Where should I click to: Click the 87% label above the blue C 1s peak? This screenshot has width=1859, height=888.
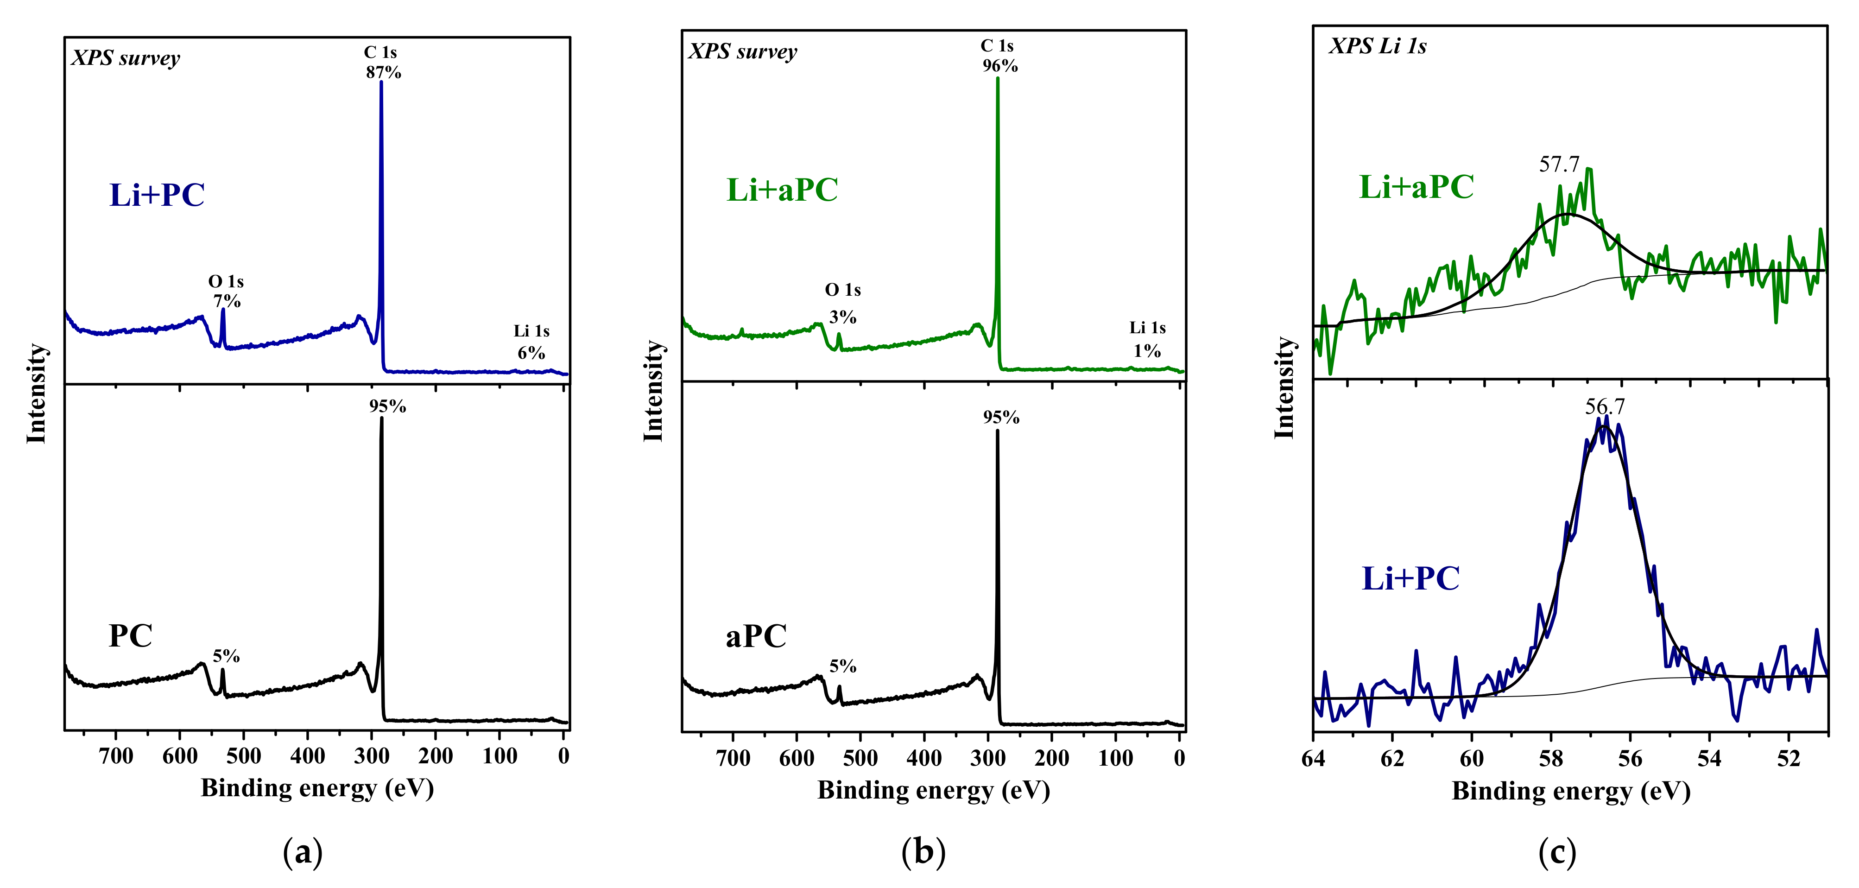click(383, 72)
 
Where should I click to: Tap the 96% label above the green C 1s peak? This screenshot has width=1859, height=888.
click(999, 66)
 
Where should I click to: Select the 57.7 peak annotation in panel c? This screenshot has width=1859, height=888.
click(1559, 165)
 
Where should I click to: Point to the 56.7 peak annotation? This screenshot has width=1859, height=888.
click(1604, 406)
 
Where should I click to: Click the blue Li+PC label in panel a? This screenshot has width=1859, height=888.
click(158, 195)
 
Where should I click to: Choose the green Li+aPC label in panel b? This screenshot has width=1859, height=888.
click(782, 190)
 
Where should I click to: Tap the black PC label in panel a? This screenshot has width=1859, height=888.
click(131, 636)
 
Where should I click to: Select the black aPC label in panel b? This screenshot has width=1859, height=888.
click(756, 636)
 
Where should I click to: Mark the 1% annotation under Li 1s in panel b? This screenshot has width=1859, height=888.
click(1147, 351)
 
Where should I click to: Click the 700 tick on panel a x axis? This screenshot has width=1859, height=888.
click(116, 756)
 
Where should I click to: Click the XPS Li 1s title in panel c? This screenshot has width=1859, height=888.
click(1377, 46)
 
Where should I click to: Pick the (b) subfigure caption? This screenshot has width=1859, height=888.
click(923, 853)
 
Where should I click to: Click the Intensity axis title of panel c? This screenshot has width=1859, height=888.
click(1284, 387)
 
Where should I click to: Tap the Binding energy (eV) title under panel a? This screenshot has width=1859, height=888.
click(317, 787)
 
